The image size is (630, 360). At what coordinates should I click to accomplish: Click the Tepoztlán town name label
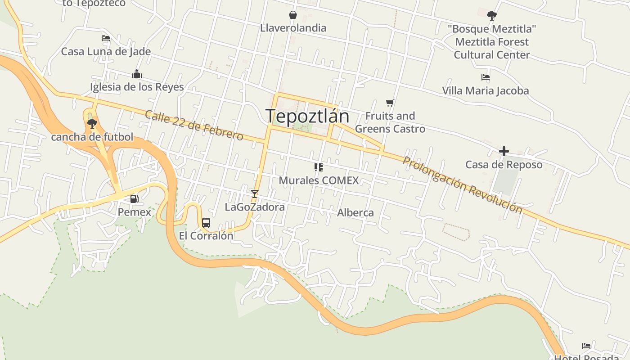tap(307, 117)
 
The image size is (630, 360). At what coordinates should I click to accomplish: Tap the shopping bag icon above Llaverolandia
tap(293, 15)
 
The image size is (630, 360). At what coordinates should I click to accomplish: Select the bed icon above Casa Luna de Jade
tap(106, 38)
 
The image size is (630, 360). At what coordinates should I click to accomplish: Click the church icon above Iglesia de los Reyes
tap(137, 74)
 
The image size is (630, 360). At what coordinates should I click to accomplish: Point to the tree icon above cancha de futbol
tap(92, 123)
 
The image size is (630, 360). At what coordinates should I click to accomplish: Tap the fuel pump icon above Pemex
tap(134, 198)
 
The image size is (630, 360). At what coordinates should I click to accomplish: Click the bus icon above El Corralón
tap(206, 222)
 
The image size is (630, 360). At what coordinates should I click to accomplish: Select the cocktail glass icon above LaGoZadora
tap(255, 194)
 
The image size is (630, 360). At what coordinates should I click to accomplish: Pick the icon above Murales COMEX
tap(319, 167)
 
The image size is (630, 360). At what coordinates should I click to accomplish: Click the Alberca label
tap(355, 212)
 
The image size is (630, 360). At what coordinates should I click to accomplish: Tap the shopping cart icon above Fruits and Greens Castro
tap(390, 103)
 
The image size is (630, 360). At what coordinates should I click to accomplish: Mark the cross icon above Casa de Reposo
tap(504, 151)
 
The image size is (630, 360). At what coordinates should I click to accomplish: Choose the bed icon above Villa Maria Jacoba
tap(486, 77)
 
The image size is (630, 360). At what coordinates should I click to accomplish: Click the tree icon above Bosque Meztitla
tap(492, 16)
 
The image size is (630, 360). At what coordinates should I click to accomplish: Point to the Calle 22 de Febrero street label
tap(194, 125)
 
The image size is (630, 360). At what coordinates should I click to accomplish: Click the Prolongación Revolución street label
tap(462, 185)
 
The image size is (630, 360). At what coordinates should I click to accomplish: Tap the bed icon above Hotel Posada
tap(586, 346)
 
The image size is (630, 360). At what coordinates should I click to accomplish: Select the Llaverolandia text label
tap(293, 28)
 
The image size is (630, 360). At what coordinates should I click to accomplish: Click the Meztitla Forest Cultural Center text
tap(491, 48)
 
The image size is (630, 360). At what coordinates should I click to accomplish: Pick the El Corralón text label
tap(206, 236)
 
